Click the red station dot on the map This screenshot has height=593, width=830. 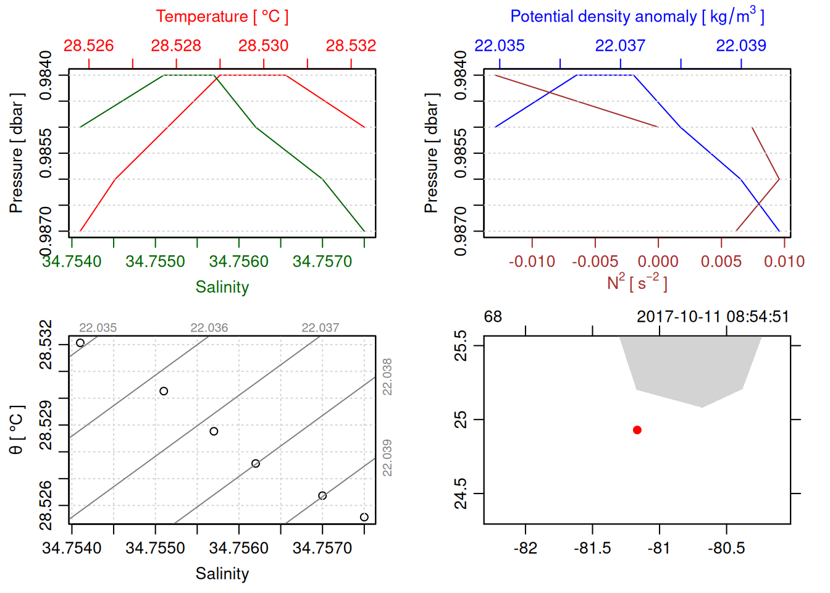pos(637,430)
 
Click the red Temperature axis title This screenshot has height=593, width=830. pos(222,17)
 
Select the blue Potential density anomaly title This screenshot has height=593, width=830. pos(637,17)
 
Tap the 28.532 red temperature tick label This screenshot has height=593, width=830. pos(351,46)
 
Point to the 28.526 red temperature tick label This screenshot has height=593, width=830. pos(89,46)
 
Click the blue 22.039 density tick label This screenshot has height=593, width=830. pos(741,46)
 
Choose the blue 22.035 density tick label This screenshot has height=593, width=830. pos(500,46)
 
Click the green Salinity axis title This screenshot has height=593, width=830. pos(222,287)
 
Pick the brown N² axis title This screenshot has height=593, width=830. pos(637,283)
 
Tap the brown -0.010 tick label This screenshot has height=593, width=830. pos(532,262)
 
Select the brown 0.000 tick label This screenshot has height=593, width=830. pos(658,262)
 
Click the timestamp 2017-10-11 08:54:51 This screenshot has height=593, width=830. pos(713,317)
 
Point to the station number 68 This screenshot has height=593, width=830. pos(493,317)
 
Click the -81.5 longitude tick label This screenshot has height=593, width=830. pos(592,549)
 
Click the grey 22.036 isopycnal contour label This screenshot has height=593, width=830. pos(209,328)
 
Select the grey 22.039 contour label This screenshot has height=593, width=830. pos(387,458)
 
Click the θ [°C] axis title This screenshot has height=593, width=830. pos(17,430)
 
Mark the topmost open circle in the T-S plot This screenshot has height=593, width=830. pos(80,343)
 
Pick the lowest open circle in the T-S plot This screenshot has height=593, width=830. pos(364,517)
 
